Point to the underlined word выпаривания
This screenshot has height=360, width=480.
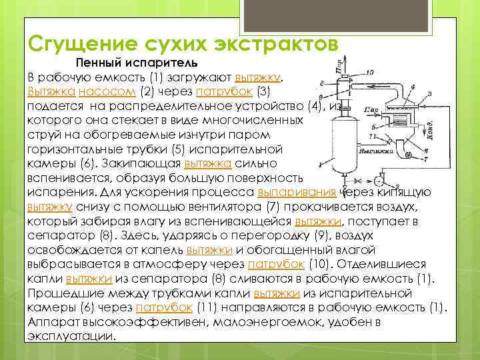[299, 192]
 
